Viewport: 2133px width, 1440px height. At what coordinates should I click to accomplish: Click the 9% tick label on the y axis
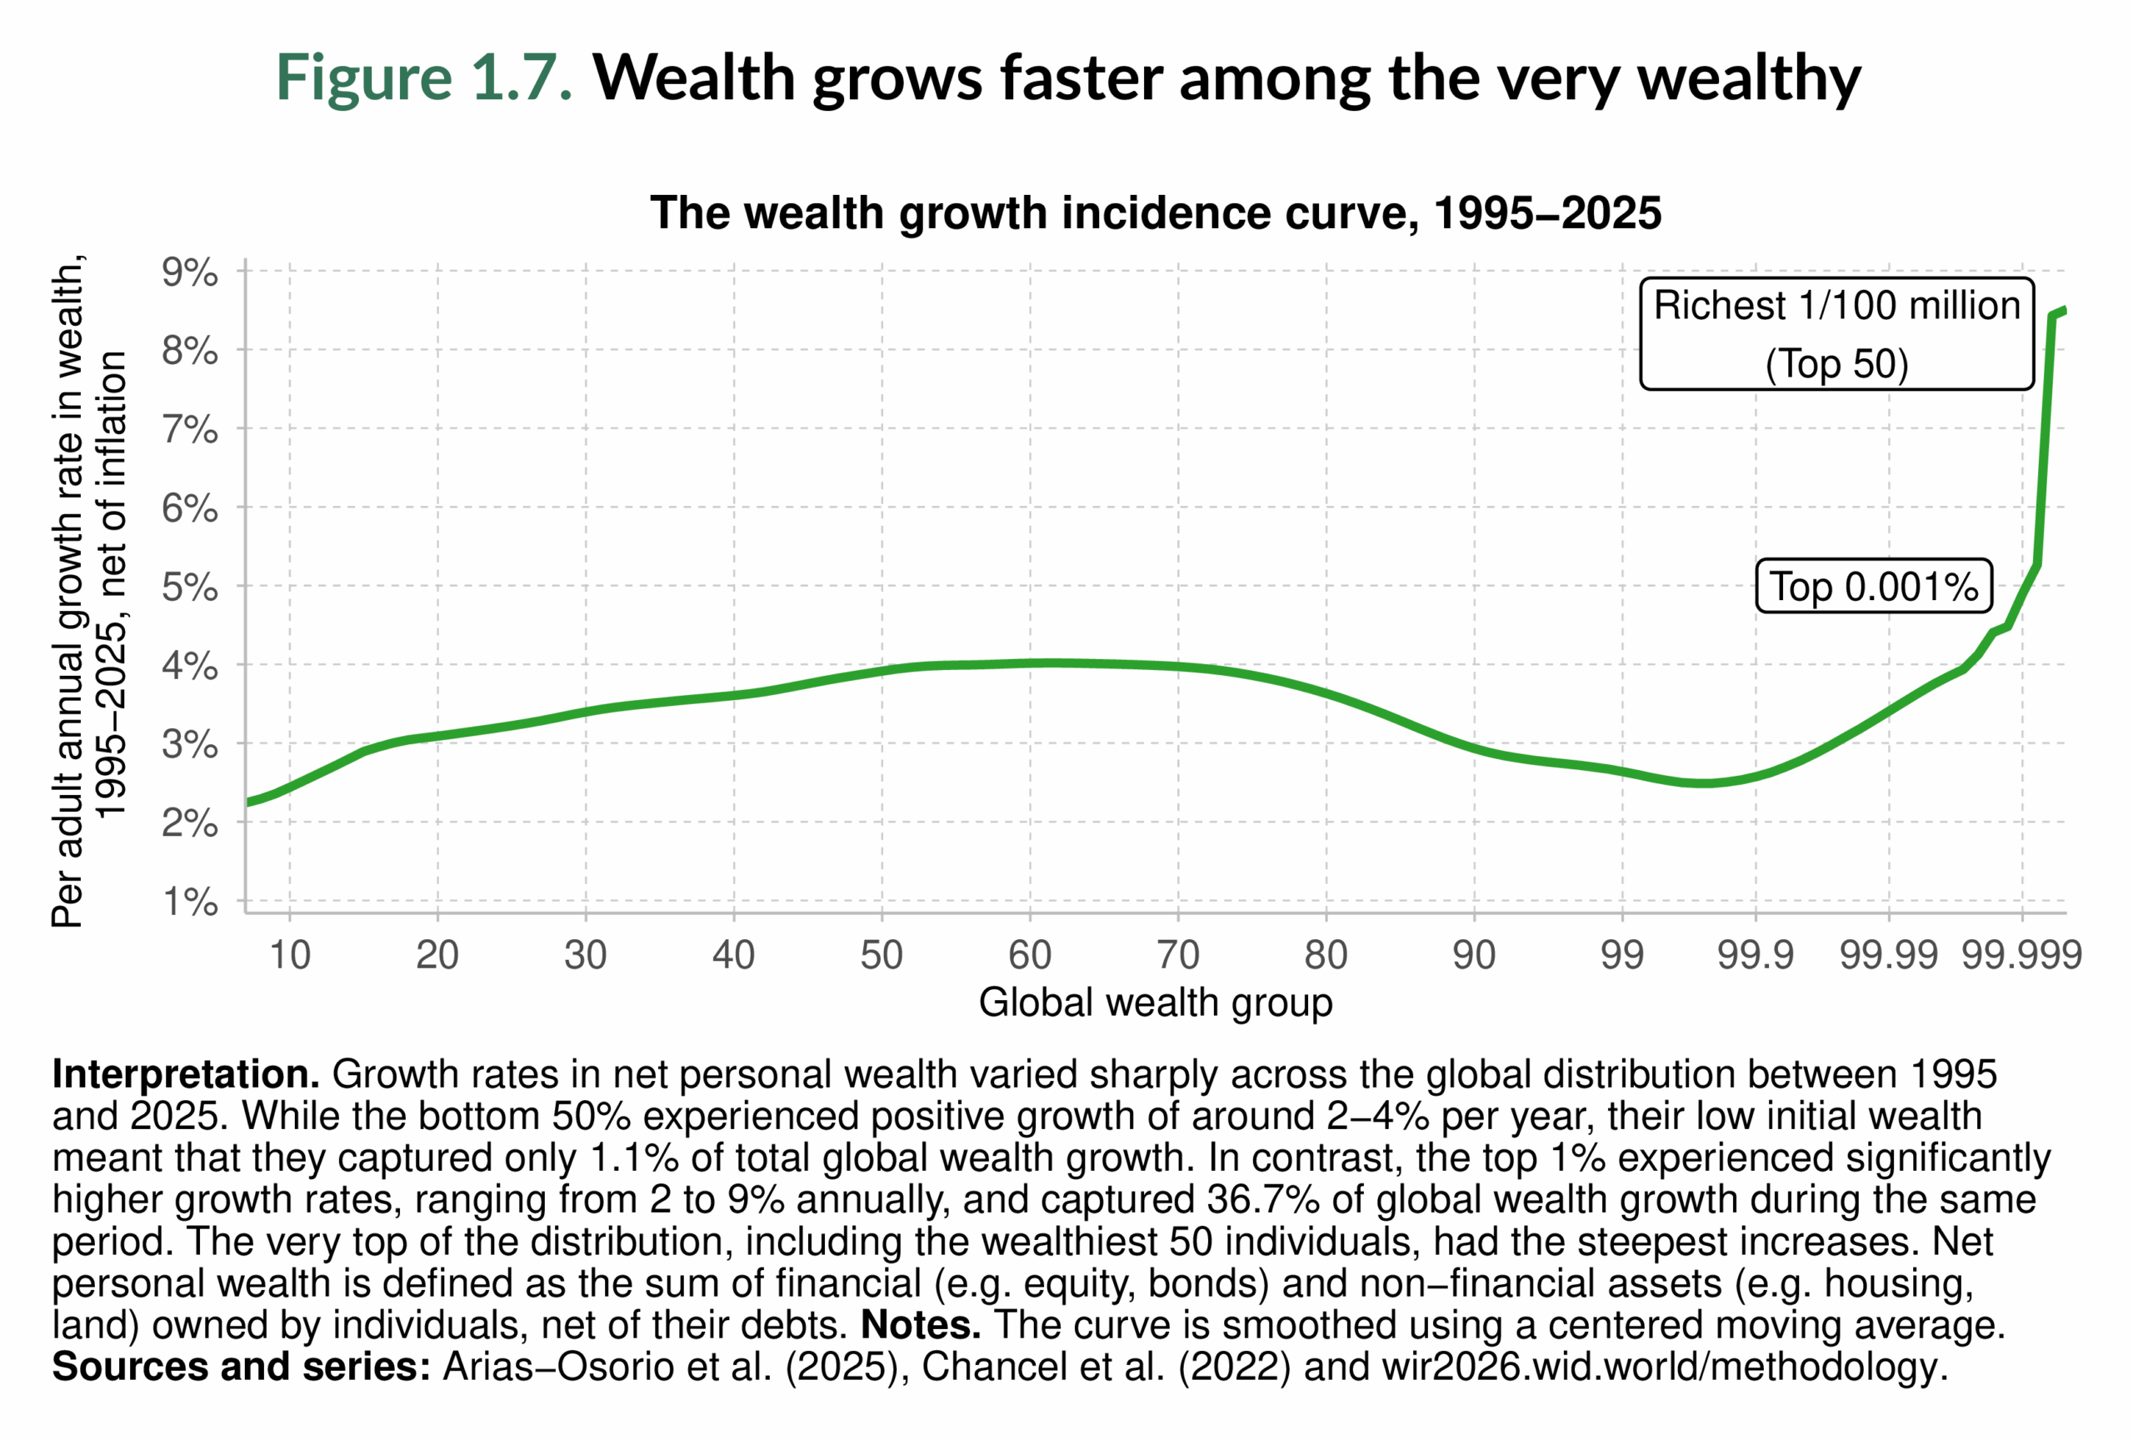coord(190,272)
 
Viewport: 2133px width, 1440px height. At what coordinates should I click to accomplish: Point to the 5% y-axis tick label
coord(190,587)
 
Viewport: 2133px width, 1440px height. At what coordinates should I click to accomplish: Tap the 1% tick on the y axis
coord(190,902)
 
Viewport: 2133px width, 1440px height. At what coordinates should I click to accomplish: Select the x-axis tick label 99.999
coord(2021,955)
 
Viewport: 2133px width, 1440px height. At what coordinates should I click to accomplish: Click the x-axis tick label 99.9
coord(1755,955)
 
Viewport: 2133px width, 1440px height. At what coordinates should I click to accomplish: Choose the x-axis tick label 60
coord(1029,955)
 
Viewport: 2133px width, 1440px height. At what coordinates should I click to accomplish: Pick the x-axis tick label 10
coord(289,955)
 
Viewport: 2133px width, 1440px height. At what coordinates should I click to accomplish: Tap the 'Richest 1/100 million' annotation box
coord(1836,334)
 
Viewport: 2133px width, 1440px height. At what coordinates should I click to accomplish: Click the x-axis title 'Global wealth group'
coord(1155,1002)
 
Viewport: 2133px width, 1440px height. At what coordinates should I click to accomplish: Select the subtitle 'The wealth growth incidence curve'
coord(1155,213)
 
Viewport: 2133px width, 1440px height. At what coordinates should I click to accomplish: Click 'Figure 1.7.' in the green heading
coord(424,77)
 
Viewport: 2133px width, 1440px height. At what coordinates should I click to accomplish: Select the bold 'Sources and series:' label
coord(241,1367)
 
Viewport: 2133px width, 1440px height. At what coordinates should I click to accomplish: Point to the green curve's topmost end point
coord(2063,310)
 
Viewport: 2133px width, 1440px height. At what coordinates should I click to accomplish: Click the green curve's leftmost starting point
coord(247,803)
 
